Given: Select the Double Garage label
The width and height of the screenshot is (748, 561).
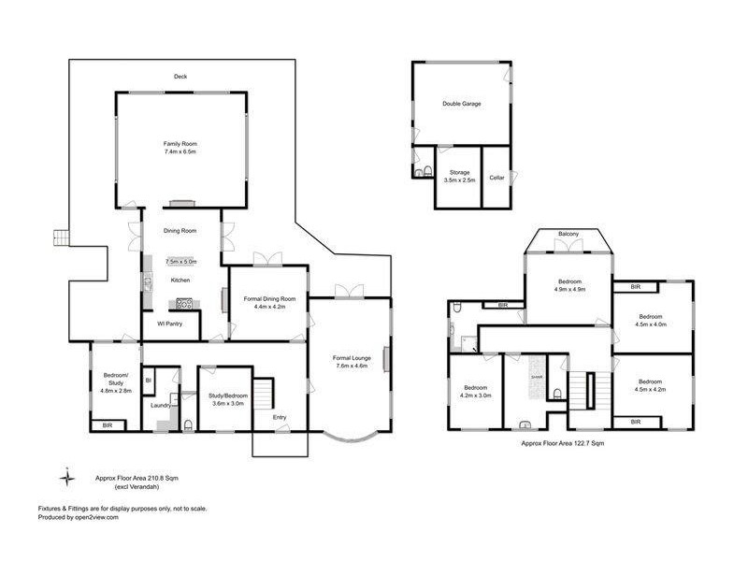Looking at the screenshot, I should (461, 104).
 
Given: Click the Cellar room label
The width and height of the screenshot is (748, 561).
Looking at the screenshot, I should (496, 177).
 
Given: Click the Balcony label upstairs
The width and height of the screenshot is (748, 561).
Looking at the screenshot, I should (568, 234).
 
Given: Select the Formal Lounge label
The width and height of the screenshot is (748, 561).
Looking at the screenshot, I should (350, 357).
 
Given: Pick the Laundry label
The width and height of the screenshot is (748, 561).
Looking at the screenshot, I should (160, 407).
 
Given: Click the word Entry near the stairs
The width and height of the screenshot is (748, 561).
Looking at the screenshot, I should (280, 417).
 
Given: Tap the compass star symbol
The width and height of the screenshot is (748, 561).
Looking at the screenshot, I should (66, 478).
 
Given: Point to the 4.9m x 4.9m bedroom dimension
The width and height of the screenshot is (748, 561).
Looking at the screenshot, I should (570, 290).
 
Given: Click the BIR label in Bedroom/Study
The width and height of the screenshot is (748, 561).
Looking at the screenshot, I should (106, 425).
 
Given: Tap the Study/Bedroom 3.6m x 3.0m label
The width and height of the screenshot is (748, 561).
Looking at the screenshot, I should (226, 399).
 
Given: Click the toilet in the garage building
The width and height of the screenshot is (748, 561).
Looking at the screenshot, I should (426, 170).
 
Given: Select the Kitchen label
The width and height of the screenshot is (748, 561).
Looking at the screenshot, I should (180, 280).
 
